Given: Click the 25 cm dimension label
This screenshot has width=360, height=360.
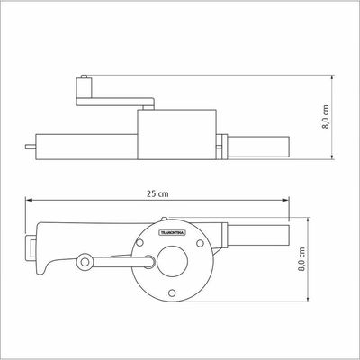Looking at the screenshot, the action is tap(157, 193).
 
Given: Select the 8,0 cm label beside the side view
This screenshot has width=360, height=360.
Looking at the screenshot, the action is tap(326, 117).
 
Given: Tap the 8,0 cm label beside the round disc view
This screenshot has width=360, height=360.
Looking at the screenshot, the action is tap(301, 259).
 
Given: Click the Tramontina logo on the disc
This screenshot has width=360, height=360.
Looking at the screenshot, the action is tap(172, 233).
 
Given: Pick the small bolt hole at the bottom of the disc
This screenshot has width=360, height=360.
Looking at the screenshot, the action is tap(172, 292).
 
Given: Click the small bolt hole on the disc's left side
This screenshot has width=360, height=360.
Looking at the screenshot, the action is tap(139, 243).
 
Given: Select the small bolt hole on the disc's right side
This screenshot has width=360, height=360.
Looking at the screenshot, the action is tap(200, 243).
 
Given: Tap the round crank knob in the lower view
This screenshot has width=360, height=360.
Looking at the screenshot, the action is tap(85, 262).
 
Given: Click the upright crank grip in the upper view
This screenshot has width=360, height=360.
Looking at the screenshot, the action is tap(85, 87).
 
